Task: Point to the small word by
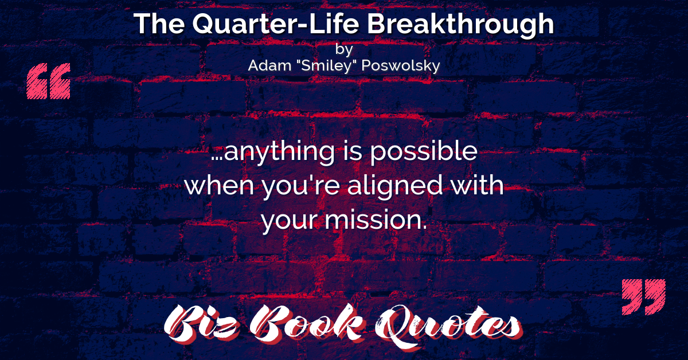pos(344,49)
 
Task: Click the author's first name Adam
pos(269,65)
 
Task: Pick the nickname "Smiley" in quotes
pos(326,66)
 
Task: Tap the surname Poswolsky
pos(401,66)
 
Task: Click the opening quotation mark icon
pos(49,81)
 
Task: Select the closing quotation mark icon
pos(643,297)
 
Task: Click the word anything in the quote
pos(279,152)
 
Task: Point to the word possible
pos(424,151)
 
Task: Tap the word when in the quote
pos(219,186)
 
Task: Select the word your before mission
pos(290,221)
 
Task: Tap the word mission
pos(376,220)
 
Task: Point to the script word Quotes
pos(448,326)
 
